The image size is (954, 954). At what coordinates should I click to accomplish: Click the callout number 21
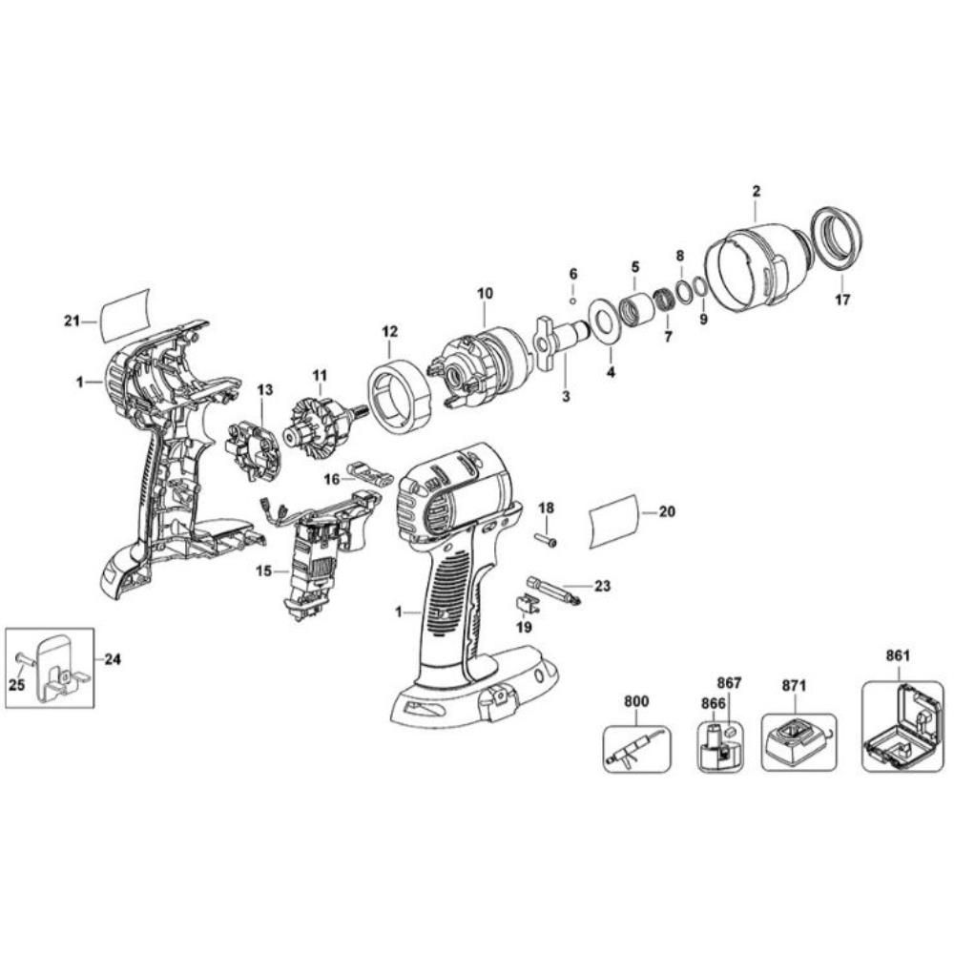pos(70,321)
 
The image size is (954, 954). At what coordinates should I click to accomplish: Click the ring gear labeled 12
pos(397,390)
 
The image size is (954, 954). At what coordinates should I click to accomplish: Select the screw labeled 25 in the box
pos(23,658)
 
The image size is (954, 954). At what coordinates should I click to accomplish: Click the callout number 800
pos(635,701)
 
